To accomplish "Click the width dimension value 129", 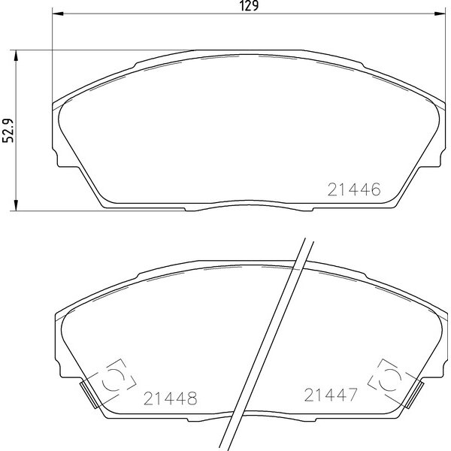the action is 249,6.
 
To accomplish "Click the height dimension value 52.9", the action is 8,130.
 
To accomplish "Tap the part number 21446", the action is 354,189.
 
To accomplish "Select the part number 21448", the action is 171,398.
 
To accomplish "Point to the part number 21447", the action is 331,395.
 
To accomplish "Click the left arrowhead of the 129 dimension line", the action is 58,14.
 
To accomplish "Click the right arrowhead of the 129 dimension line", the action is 440,14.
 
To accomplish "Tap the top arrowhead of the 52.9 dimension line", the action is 16,56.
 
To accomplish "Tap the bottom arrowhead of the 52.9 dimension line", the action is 16,205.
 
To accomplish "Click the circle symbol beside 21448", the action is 113,380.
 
